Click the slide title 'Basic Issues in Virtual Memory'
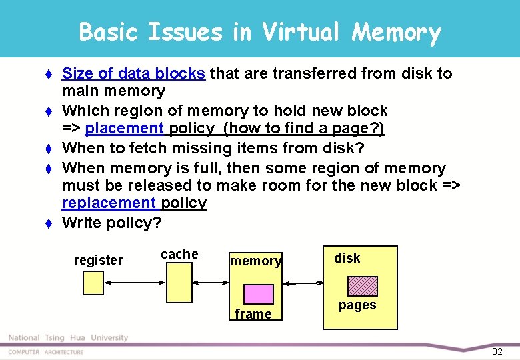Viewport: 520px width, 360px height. (x=260, y=31)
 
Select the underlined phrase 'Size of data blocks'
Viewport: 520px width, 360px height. (x=133, y=73)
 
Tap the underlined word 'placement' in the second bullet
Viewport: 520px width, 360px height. (x=125, y=128)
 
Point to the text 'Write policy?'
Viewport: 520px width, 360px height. (x=111, y=223)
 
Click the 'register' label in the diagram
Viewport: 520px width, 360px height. (x=98, y=260)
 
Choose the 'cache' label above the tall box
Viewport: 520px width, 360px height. (x=179, y=254)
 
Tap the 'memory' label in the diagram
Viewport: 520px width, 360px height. (x=255, y=261)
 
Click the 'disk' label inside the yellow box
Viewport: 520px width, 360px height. (x=347, y=258)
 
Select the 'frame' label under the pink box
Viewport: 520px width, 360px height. (x=253, y=314)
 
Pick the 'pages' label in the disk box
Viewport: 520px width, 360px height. (x=357, y=305)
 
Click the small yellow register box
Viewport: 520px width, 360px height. (x=93, y=283)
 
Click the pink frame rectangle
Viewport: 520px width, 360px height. (x=258, y=294)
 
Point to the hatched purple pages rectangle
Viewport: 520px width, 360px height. (x=362, y=286)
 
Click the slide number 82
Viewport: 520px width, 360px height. (x=497, y=351)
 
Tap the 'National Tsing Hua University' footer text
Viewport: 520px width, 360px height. (x=67, y=338)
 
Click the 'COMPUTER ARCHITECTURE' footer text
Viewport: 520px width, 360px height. (x=45, y=352)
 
